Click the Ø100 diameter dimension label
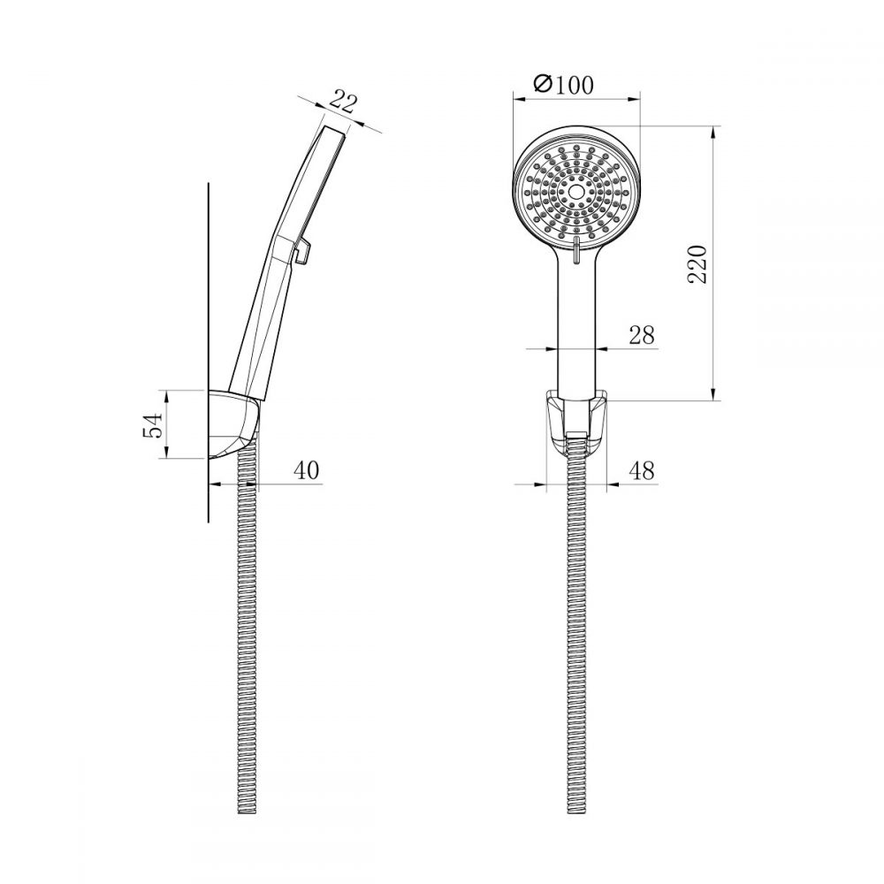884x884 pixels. point(562,85)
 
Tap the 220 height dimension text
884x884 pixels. point(697,263)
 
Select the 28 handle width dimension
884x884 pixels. point(642,335)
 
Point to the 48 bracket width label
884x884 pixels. point(642,470)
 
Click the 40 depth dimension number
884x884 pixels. point(306,469)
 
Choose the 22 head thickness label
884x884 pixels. point(343,103)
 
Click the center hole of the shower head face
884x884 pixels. point(576,192)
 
